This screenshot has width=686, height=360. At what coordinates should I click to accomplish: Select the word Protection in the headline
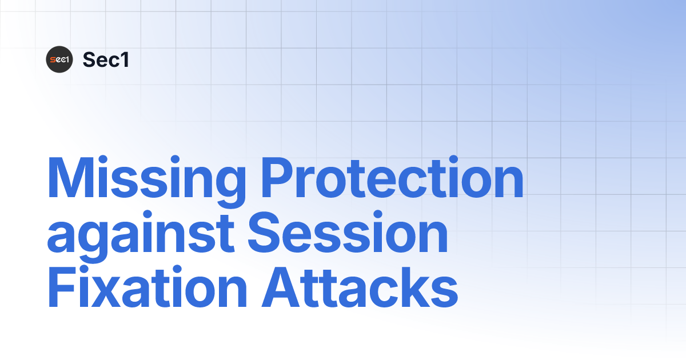[x=392, y=178]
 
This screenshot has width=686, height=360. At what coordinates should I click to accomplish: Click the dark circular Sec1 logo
[x=59, y=59]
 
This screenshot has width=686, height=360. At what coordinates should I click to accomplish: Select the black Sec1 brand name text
[x=106, y=59]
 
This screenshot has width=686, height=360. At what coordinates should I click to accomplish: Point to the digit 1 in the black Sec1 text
[x=123, y=59]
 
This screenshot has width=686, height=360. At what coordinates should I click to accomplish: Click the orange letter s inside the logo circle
[x=52, y=60]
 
